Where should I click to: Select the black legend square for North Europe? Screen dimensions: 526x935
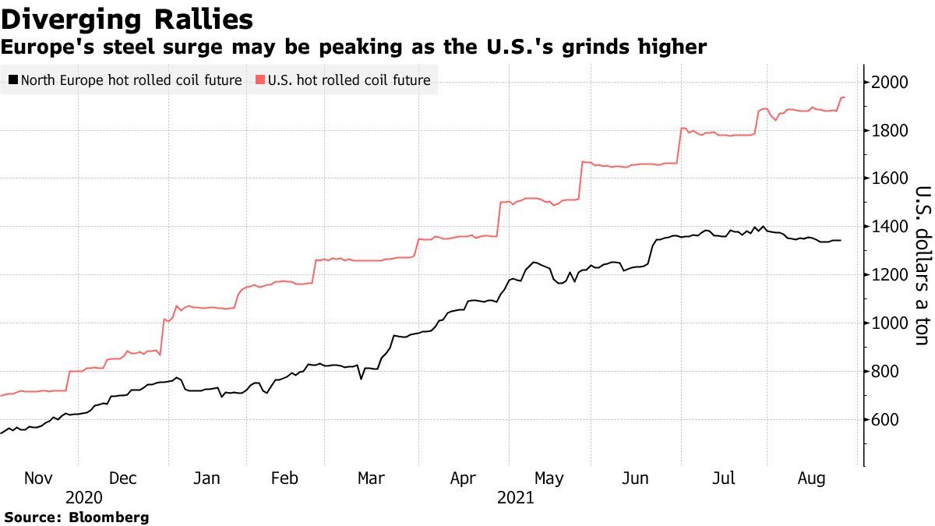[12, 80]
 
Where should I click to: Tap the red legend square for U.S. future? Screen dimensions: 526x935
[259, 80]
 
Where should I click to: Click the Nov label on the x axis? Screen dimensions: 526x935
[39, 478]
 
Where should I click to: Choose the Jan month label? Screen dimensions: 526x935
[206, 478]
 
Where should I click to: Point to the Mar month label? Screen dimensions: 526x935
[371, 478]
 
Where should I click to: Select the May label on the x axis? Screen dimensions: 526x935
[549, 478]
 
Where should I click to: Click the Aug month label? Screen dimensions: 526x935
[812, 478]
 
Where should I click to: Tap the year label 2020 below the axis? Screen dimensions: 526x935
[84, 497]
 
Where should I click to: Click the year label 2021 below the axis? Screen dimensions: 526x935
[515, 497]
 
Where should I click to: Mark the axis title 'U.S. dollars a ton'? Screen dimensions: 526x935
[922, 265]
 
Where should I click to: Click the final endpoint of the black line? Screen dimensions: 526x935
[840, 240]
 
